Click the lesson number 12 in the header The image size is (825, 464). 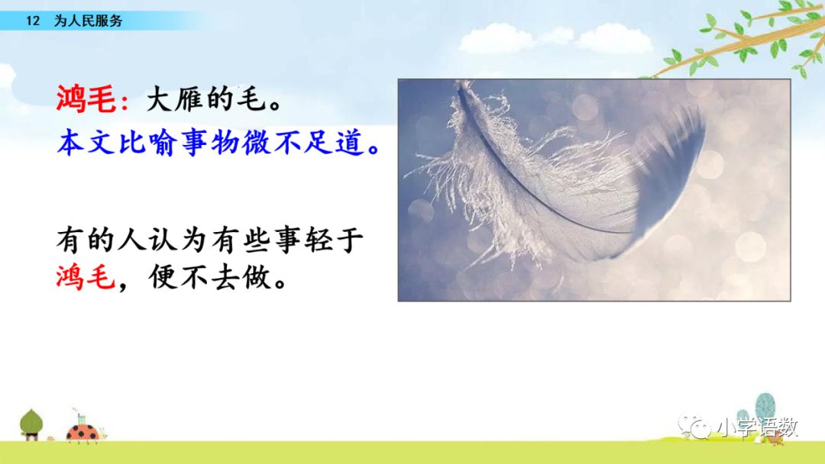pos(33,21)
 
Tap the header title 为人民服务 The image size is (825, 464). pos(89,21)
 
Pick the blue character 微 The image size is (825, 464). pos(256,143)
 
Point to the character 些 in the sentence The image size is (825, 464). pos(256,240)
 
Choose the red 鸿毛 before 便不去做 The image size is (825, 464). pos(86,277)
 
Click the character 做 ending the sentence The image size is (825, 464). pos(256,277)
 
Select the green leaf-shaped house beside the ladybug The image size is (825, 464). pos(31,424)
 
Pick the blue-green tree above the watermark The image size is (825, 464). pos(765,406)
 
